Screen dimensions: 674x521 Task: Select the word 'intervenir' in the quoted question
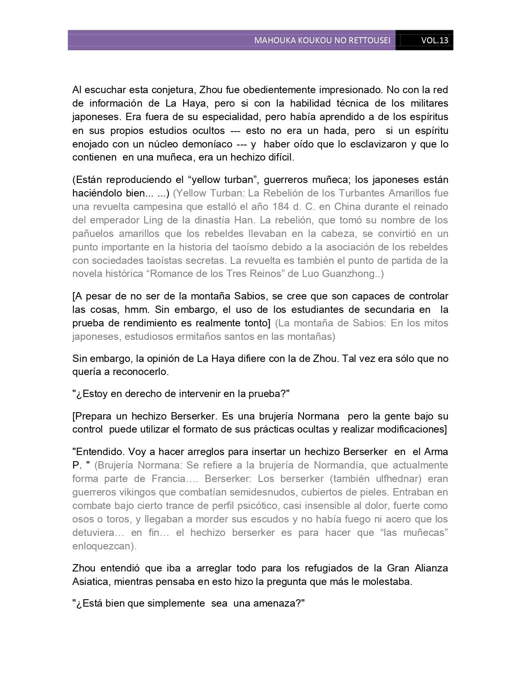[x=198, y=394]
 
